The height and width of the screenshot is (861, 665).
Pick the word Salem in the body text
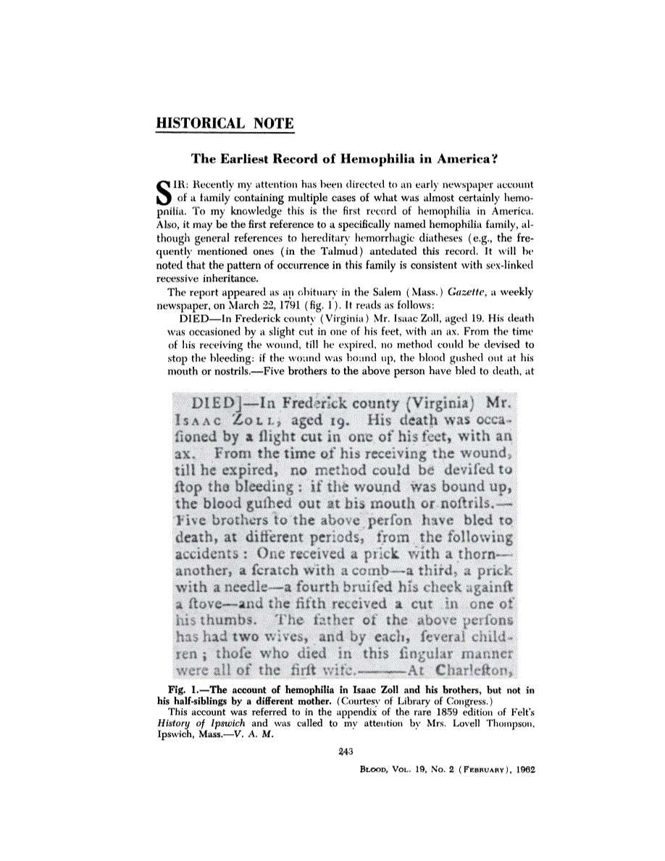click(x=375, y=292)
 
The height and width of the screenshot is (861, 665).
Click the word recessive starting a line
click(x=180, y=278)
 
